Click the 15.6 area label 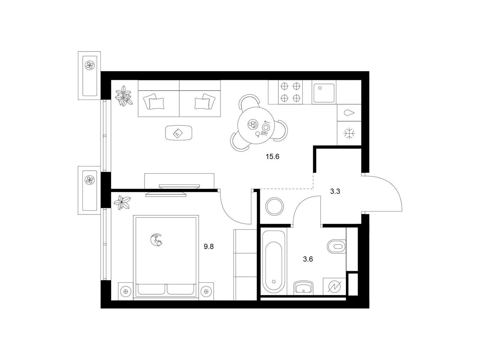(x=272, y=157)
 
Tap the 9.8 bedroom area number (x=208, y=247)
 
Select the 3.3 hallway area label (x=335, y=191)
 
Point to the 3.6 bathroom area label (x=308, y=259)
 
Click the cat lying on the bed (x=156, y=240)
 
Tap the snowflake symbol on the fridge (x=349, y=133)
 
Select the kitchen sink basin (x=324, y=93)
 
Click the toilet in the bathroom (x=336, y=247)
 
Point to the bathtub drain (x=274, y=281)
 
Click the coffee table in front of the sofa (x=179, y=133)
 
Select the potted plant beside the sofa (x=124, y=96)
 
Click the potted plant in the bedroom (x=122, y=202)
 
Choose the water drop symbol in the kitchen (x=349, y=113)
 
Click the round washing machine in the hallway (x=274, y=207)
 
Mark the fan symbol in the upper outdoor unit (x=89, y=65)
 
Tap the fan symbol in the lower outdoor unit (x=89, y=180)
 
